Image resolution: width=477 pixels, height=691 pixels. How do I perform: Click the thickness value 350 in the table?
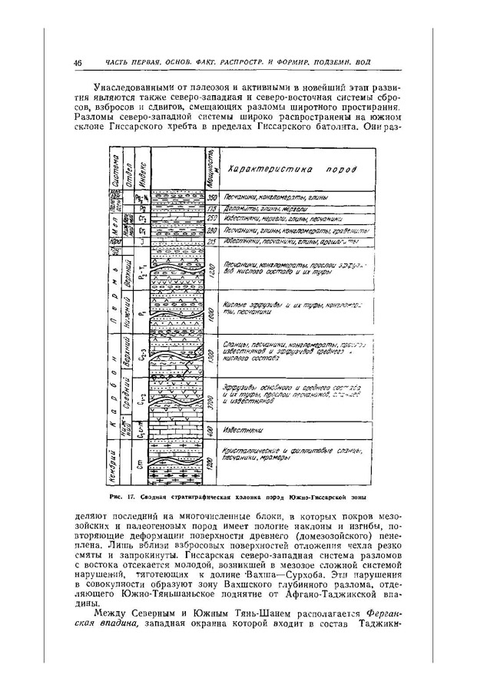[x=210, y=198]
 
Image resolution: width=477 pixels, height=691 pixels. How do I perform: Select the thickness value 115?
[x=210, y=208]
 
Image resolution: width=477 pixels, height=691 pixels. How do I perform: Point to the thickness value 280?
[x=210, y=230]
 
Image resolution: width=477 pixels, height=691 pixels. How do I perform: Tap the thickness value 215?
[x=210, y=241]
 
